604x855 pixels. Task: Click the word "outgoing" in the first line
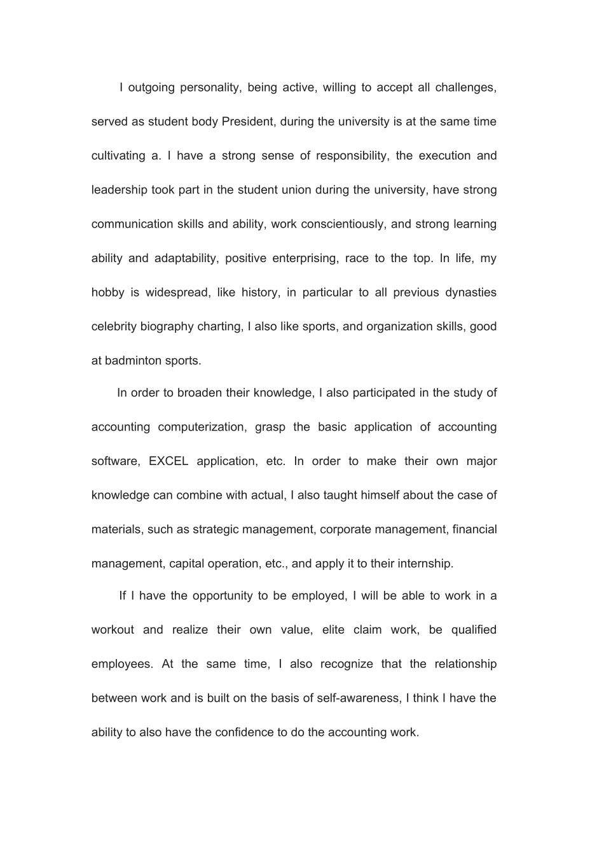click(x=151, y=88)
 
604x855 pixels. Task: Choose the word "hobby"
click(x=107, y=293)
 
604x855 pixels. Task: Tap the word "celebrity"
click(x=114, y=327)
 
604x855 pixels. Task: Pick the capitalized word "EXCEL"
click(x=168, y=461)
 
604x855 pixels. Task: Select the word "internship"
click(x=426, y=564)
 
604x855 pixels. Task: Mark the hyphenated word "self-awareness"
click(x=359, y=699)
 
